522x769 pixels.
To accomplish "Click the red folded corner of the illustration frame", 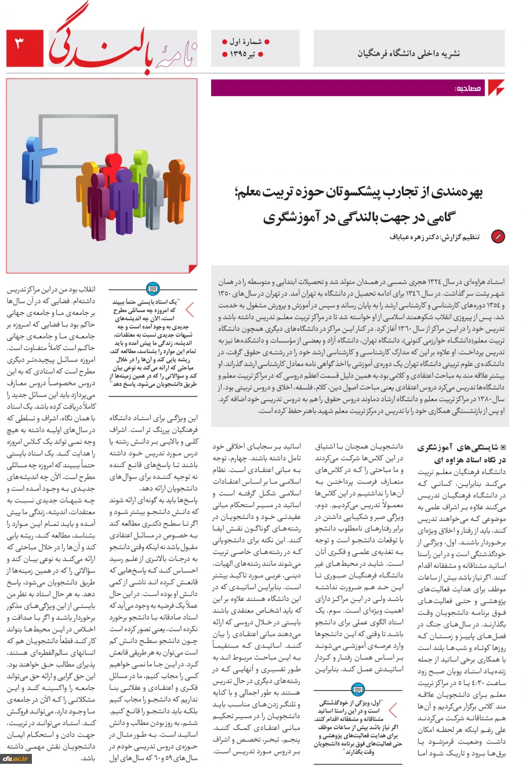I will click(191, 267).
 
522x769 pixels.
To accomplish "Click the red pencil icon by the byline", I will click(498, 236).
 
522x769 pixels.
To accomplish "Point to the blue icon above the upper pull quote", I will click(153, 288).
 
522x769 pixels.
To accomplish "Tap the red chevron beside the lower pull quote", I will click(393, 710).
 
